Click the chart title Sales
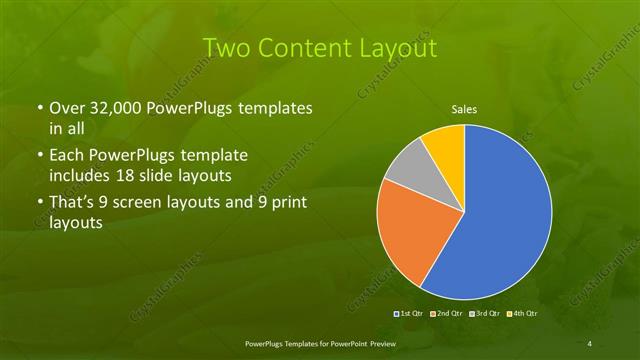coord(464,110)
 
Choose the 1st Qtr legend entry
coord(412,314)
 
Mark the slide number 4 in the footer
coord(590,344)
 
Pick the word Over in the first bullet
coord(67,107)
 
